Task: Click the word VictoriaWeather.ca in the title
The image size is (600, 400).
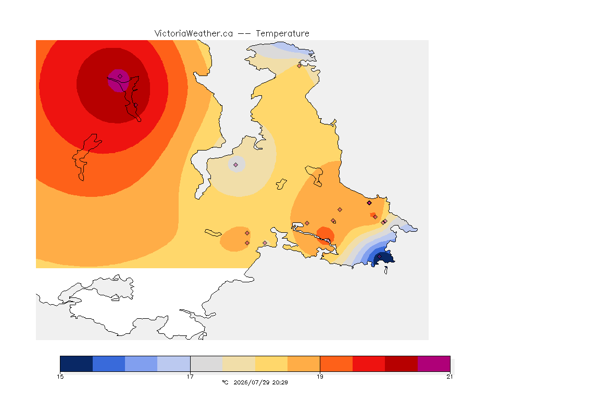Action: point(194,34)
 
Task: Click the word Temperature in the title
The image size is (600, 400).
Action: point(282,34)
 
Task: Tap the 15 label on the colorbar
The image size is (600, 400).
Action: point(60,377)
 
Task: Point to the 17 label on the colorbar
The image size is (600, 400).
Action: point(190,377)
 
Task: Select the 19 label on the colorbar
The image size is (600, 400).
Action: point(320,377)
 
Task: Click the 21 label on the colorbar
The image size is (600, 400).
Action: point(449,377)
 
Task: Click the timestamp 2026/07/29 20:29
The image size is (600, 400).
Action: point(260,382)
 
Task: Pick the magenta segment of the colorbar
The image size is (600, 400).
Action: point(434,364)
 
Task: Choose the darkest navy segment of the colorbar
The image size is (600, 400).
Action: point(77,364)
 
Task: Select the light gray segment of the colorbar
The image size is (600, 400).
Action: point(207,364)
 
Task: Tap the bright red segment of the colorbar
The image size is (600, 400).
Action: point(369,364)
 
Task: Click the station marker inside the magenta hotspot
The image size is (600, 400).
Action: point(120,77)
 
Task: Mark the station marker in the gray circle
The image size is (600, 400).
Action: point(236,165)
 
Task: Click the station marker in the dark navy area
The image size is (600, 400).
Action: point(380,256)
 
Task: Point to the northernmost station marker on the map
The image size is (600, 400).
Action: point(299,66)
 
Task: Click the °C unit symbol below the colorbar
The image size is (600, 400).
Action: point(225,382)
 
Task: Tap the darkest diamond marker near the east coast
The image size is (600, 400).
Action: point(369,203)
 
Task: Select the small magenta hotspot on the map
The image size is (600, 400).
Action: point(118,81)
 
